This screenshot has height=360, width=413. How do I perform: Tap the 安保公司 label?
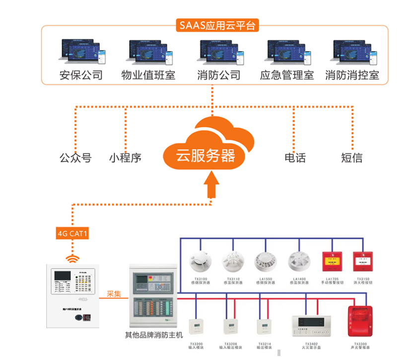(81, 76)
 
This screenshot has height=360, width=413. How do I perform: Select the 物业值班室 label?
(148, 76)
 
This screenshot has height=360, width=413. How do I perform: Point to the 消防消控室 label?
(352, 76)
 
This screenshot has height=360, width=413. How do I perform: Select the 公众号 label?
(75, 158)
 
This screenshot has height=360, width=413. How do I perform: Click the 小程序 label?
(126, 158)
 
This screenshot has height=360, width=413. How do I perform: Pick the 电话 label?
(295, 158)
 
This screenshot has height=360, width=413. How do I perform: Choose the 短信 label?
(351, 158)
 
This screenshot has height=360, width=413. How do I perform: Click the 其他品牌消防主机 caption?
(153, 336)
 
